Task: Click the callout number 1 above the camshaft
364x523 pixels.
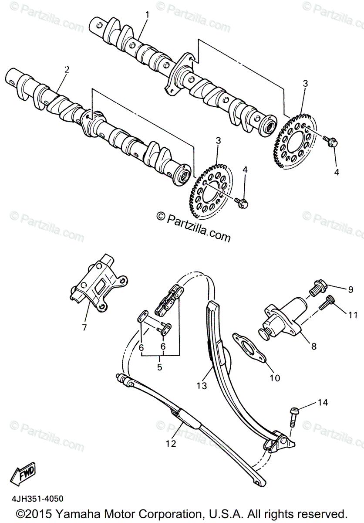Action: pyautogui.click(x=147, y=14)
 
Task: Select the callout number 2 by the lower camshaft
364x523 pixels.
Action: pyautogui.click(x=67, y=69)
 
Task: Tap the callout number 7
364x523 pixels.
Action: pyautogui.click(x=85, y=326)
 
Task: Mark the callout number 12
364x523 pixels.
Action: pyautogui.click(x=170, y=444)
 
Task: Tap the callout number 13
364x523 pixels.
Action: pyautogui.click(x=200, y=385)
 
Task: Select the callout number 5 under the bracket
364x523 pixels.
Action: pyautogui.click(x=159, y=367)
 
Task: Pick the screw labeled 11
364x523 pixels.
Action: pyautogui.click(x=325, y=303)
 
